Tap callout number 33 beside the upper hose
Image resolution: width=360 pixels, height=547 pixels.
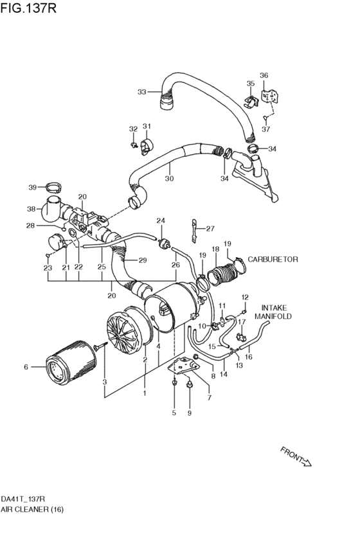(x=142, y=92)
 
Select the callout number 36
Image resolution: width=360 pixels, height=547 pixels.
(x=264, y=76)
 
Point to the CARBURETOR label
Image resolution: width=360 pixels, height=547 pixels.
(x=273, y=260)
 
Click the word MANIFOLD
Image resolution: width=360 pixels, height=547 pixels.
(x=273, y=317)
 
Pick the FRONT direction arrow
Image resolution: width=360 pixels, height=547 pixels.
(x=296, y=456)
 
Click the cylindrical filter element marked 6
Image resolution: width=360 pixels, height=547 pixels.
(x=64, y=367)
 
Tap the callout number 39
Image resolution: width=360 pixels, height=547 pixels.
(x=32, y=187)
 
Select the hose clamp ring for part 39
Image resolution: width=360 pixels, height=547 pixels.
(x=53, y=188)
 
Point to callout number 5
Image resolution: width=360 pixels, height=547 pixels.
(x=174, y=413)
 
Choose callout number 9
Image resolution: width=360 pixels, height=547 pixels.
(x=189, y=413)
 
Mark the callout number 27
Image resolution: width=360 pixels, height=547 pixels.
(x=210, y=228)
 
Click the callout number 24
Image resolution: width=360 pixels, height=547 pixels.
(x=161, y=220)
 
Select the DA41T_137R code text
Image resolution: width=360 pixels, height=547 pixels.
(x=22, y=499)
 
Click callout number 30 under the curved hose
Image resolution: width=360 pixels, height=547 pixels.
(x=169, y=179)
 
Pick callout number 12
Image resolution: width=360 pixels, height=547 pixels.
(x=244, y=297)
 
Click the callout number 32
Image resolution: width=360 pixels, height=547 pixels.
(x=133, y=129)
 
